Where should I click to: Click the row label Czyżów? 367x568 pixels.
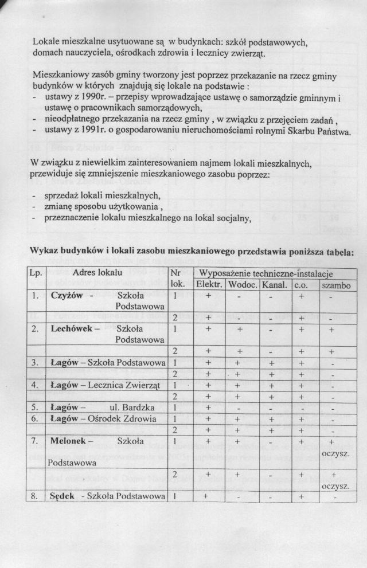click(67, 296)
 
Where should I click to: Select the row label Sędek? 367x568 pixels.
click(64, 496)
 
